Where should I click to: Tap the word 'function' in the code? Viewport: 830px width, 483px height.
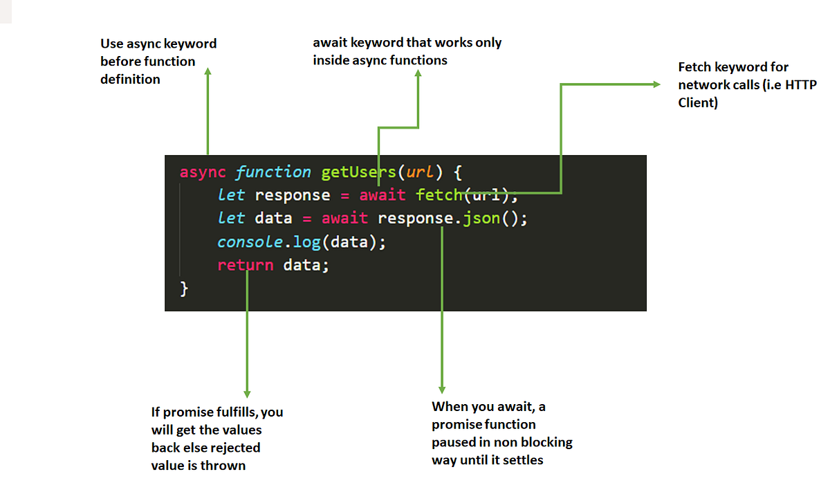pyautogui.click(x=273, y=172)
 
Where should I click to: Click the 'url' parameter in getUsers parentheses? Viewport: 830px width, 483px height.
pyautogui.click(x=414, y=172)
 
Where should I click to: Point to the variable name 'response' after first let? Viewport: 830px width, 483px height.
pyautogui.click(x=292, y=195)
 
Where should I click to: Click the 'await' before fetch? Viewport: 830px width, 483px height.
pyautogui.click(x=382, y=195)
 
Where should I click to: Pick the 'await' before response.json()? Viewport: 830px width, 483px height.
pyautogui.click(x=344, y=219)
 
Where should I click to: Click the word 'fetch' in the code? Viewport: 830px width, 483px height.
pyautogui.click(x=439, y=195)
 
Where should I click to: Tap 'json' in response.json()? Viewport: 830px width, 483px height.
pyautogui.click(x=477, y=219)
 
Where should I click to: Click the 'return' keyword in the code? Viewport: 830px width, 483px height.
pyautogui.click(x=245, y=265)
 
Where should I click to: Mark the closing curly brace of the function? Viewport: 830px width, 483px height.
pyautogui.click(x=184, y=289)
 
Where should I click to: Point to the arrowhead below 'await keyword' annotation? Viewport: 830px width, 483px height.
pyautogui.click(x=418, y=74)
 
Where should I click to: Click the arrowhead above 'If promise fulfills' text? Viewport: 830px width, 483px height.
pyautogui.click(x=247, y=394)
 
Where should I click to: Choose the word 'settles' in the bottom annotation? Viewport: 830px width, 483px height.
pyautogui.click(x=522, y=459)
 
